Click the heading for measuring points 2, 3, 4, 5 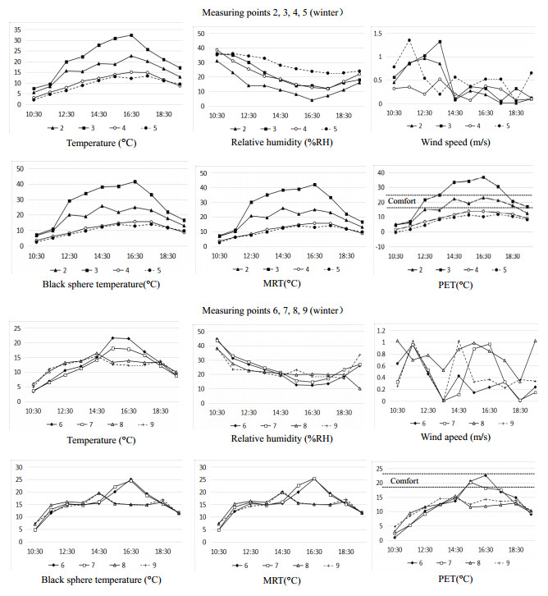click(x=273, y=11)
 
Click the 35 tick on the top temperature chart click(x=16, y=28)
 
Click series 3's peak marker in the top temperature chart click(x=131, y=35)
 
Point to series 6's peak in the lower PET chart click(x=486, y=475)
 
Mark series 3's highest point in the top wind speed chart click(x=440, y=41)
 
